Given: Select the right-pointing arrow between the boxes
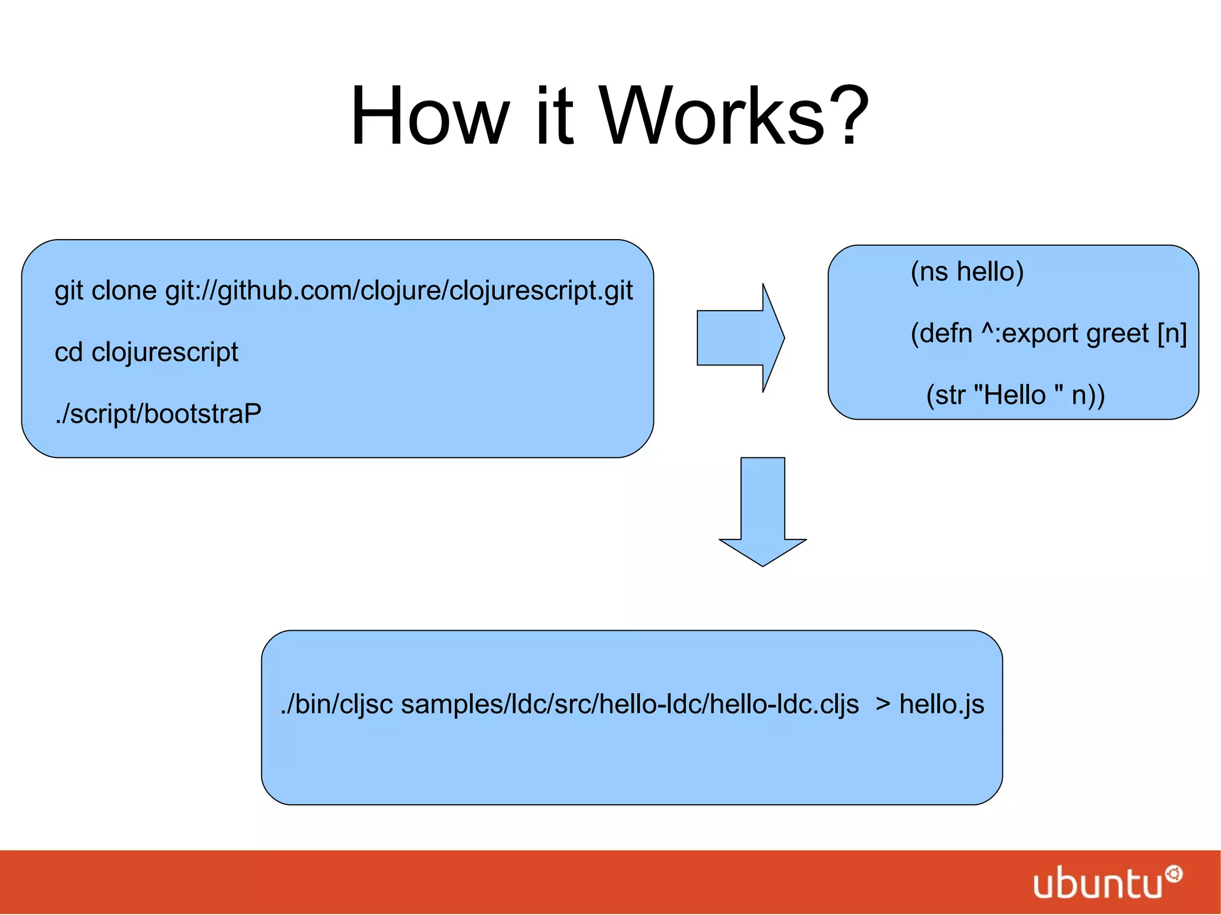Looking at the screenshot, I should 740,338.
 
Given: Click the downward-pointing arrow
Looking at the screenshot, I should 763,511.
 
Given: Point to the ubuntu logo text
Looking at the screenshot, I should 1097,883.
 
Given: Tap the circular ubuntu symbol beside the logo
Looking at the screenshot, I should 1173,874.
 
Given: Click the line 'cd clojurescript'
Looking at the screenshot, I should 146,352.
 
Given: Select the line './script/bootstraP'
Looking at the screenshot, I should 158,414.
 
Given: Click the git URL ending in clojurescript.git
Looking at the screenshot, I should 399,291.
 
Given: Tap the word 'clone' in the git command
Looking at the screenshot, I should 124,291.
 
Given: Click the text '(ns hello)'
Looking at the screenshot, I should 966,272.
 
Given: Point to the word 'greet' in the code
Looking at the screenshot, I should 1117,334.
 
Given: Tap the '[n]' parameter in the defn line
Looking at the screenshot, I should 1172,334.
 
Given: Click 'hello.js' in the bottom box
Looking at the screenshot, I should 941,704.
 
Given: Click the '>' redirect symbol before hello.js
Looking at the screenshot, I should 883,704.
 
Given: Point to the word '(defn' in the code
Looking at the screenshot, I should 941,334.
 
